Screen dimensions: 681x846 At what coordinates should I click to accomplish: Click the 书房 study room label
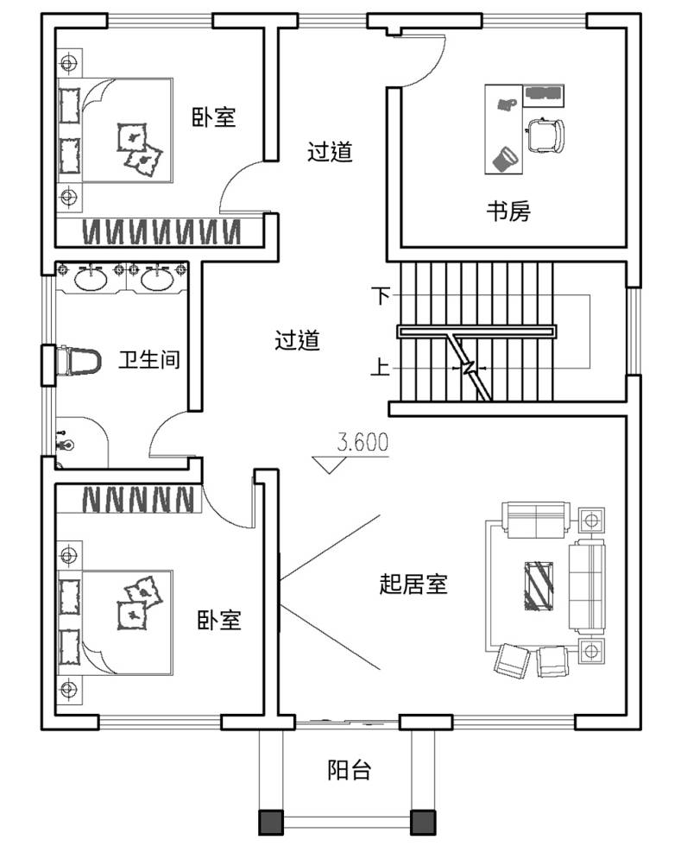point(508,211)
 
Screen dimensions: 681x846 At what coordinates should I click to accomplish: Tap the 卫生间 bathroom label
point(149,359)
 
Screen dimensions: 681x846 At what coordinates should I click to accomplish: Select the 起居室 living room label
point(413,584)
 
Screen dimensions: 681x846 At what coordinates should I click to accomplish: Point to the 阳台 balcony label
point(350,770)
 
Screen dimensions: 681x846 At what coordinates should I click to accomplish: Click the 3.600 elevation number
point(363,442)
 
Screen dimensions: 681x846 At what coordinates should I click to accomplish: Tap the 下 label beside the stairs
point(381,295)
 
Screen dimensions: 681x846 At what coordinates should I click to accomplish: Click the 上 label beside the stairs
point(380,367)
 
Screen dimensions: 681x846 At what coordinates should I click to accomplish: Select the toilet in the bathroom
point(79,362)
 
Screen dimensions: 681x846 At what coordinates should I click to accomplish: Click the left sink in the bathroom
point(91,279)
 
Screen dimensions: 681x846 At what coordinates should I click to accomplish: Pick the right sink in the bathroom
point(157,279)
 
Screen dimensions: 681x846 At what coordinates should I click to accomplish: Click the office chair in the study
point(545,135)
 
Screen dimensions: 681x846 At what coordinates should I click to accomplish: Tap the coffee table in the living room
point(539,586)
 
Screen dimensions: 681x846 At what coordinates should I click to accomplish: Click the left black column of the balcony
point(271,822)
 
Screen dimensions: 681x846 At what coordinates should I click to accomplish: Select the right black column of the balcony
point(423,822)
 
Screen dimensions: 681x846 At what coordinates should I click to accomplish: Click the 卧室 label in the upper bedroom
point(214,117)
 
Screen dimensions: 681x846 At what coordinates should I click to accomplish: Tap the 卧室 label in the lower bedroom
point(218,620)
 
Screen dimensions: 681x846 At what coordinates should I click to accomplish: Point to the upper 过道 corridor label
point(330,152)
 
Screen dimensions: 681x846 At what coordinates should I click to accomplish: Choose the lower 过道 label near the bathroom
point(297,340)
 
